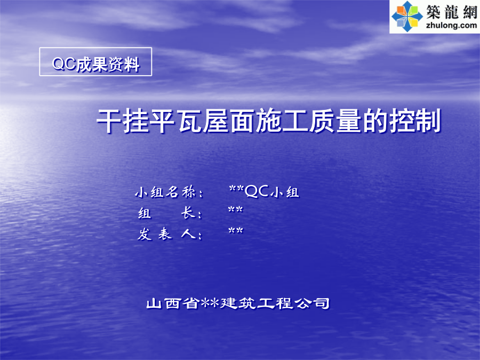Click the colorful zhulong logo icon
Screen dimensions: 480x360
(x=407, y=17)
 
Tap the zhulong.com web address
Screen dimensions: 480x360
(x=451, y=25)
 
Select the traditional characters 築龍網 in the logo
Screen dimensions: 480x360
(x=452, y=12)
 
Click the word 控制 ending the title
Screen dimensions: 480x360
(x=415, y=121)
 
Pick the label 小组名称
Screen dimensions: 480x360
(x=169, y=192)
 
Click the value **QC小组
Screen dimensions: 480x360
(x=264, y=191)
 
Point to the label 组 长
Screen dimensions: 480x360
(x=170, y=213)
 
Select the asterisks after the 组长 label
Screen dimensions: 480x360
(x=235, y=210)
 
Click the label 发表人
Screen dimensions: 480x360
(x=170, y=234)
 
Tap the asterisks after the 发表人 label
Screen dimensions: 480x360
(x=236, y=231)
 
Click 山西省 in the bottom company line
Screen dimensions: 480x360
(x=173, y=303)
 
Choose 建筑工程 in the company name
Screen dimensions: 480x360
(x=256, y=303)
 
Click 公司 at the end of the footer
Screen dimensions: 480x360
(x=311, y=303)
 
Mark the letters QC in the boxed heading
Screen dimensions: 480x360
(x=64, y=64)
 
